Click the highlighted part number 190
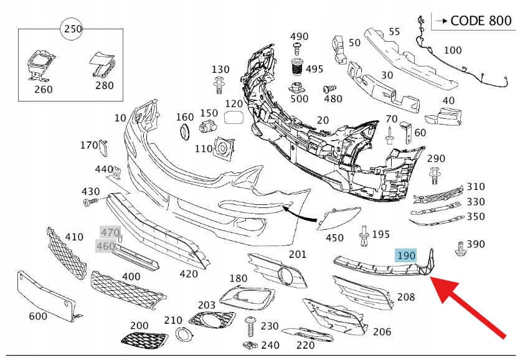pos(406,255)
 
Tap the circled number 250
pos(73,29)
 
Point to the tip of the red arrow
pos(432,278)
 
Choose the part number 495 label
pos(315,69)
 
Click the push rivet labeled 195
pos(364,235)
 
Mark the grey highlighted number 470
pos(110,232)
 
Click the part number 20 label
pos(323,120)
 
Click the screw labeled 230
pos(252,326)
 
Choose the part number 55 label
pos(394,31)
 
